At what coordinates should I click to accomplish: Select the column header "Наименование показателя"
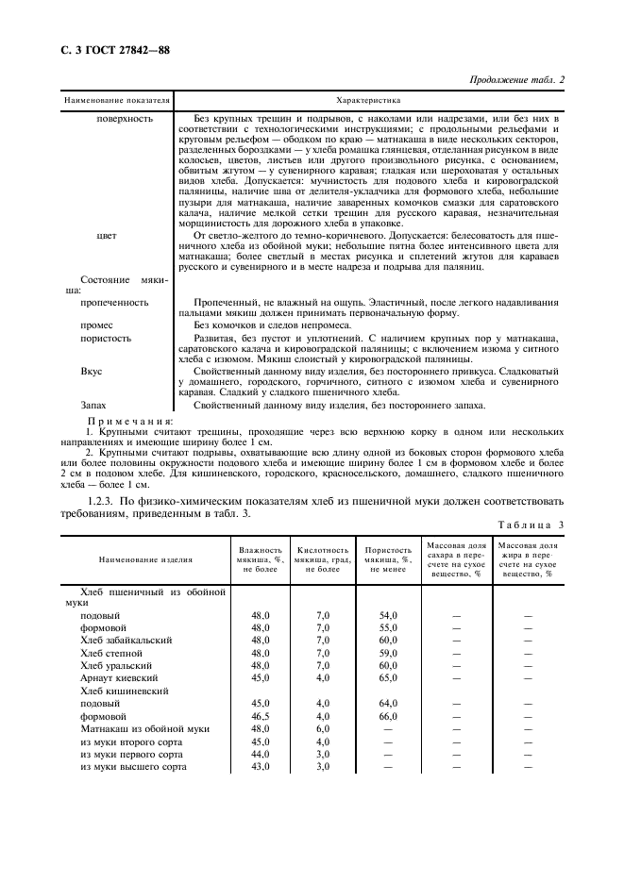(116, 99)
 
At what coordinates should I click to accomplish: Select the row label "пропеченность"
(114, 303)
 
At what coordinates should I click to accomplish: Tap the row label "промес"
(97, 325)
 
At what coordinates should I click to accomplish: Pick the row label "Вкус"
(92, 372)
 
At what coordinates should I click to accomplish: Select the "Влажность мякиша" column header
(260, 558)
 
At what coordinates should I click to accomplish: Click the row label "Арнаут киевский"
(119, 677)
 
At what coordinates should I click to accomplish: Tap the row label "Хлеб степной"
(112, 652)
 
